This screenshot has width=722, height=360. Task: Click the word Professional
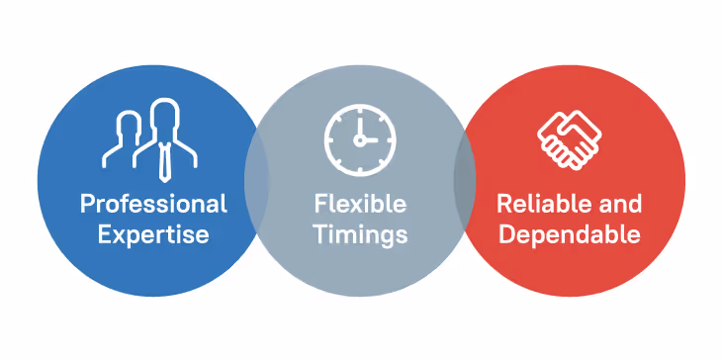(153, 205)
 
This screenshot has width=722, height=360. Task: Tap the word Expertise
(153, 235)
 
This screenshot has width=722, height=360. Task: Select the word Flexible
(360, 205)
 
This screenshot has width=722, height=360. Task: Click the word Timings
(360, 235)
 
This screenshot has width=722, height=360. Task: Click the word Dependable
(569, 235)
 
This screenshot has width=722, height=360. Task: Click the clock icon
(359, 137)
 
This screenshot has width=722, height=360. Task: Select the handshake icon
(569, 138)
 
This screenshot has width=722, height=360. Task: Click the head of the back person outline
(129, 125)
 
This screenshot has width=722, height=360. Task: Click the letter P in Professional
(87, 205)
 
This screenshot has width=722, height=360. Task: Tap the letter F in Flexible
(320, 205)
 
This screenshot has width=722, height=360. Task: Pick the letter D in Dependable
(505, 235)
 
